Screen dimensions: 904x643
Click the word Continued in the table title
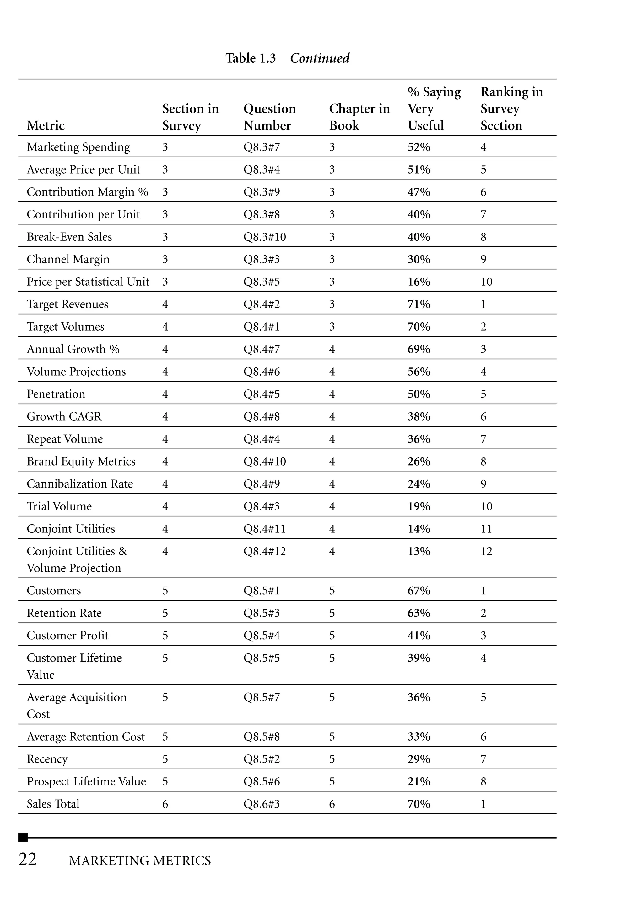click(x=320, y=58)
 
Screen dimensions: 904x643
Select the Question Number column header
click(x=269, y=117)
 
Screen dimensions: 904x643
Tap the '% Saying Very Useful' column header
click(x=434, y=108)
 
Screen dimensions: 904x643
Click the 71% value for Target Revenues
click(x=419, y=304)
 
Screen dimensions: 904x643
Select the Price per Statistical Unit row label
click(x=88, y=282)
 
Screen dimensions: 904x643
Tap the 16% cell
click(x=419, y=282)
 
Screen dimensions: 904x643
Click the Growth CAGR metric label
click(x=64, y=416)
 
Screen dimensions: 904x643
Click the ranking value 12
click(x=486, y=551)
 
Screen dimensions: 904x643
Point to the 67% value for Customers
click(x=419, y=591)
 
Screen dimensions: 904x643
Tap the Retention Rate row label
click(x=64, y=613)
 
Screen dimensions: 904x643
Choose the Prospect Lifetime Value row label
click(x=86, y=781)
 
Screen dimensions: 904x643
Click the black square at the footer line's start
click(x=23, y=837)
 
